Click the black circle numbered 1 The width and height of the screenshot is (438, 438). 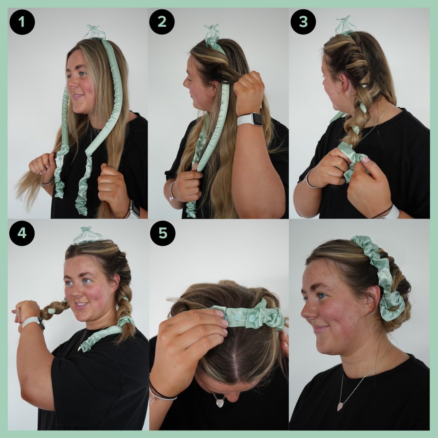22,22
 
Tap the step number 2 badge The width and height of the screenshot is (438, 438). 162,22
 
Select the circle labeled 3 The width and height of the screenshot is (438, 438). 303,22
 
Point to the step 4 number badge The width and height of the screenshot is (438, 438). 22,233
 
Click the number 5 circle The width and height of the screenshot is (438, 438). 163,233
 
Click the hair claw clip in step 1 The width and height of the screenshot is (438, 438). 95,32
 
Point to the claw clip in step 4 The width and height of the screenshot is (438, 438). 87,235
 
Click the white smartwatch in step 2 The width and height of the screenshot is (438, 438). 251,119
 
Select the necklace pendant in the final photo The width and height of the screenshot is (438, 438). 340,406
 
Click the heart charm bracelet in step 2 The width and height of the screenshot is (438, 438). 171,199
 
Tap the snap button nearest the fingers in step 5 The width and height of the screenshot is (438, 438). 237,317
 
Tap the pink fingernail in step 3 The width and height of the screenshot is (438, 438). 366,159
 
